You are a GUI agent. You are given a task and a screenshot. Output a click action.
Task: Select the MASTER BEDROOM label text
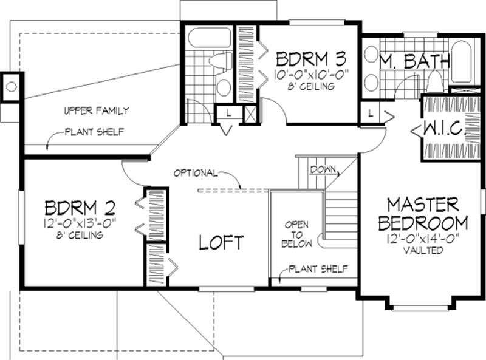point(424,213)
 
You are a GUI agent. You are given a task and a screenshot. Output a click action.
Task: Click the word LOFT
point(222,242)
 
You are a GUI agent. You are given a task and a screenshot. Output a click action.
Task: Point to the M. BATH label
point(414,61)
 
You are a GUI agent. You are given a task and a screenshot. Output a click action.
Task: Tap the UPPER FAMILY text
point(96,110)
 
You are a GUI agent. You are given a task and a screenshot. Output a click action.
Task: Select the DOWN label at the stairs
point(323,169)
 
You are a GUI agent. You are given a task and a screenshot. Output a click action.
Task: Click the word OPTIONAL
point(195,172)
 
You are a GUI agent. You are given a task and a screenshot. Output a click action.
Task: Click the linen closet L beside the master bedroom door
point(370,113)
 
